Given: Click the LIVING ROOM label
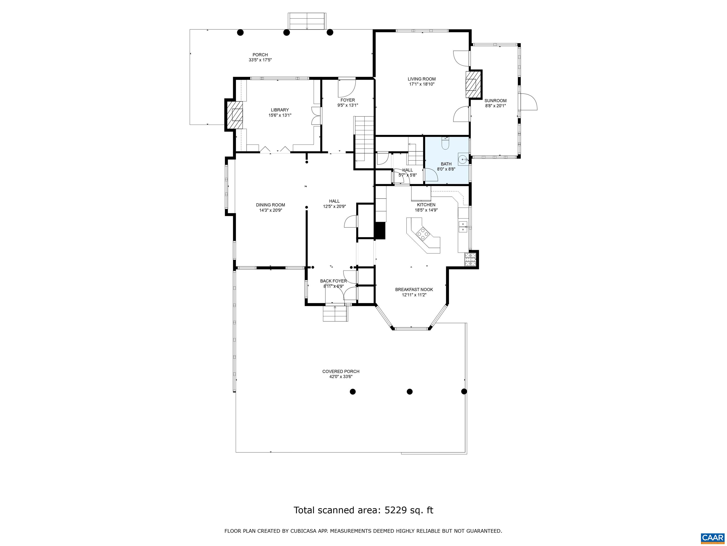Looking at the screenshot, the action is pos(422,79).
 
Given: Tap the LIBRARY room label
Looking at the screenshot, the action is pos(280,110).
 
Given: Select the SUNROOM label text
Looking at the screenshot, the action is pos(495,101).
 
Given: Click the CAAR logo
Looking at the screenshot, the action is pos(713,538).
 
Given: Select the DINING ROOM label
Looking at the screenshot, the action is pos(270,205).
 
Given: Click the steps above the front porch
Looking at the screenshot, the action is pos(307,21).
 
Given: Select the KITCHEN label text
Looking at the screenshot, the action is pos(426,205).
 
